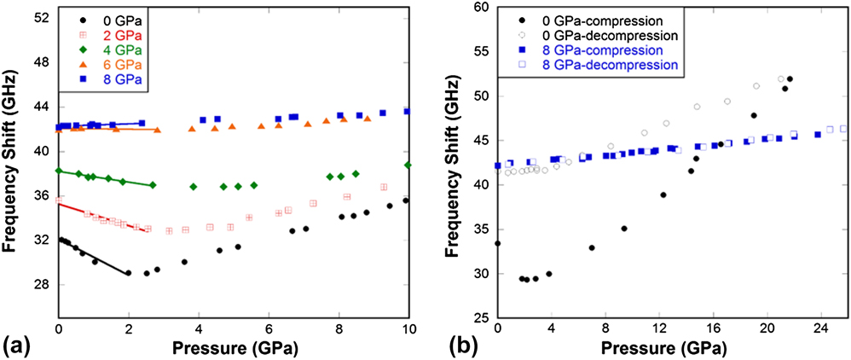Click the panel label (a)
point(18,345)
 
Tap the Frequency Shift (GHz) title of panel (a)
point(12,162)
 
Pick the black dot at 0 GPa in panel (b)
point(498,243)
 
